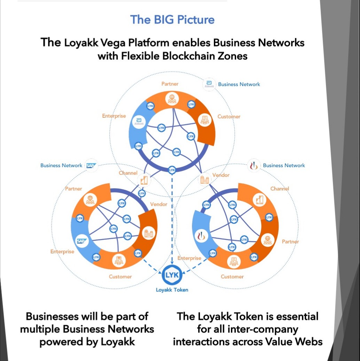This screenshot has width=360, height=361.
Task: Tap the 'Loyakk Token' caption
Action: click(x=172, y=290)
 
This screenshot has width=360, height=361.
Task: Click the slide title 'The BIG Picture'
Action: click(x=172, y=19)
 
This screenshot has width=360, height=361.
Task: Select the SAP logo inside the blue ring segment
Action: click(x=81, y=240)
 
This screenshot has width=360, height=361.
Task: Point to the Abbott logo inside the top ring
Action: click(x=139, y=122)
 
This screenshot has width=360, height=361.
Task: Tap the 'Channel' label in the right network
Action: click(x=280, y=189)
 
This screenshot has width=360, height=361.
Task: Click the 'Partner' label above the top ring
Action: click(x=170, y=84)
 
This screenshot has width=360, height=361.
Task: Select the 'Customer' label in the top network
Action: click(x=229, y=116)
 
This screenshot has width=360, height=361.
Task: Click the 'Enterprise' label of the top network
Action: click(x=114, y=116)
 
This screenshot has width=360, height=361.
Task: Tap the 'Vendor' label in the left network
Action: click(x=159, y=204)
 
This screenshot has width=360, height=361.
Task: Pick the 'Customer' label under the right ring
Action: click(x=232, y=277)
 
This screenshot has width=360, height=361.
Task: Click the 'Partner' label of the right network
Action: click(x=290, y=241)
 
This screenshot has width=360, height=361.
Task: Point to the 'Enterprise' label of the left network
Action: click(x=62, y=251)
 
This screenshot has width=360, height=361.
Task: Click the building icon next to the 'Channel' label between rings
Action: click(x=144, y=180)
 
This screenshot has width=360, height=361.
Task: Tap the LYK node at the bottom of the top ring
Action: click(x=172, y=170)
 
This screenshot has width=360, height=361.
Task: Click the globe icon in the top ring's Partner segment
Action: click(x=172, y=99)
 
